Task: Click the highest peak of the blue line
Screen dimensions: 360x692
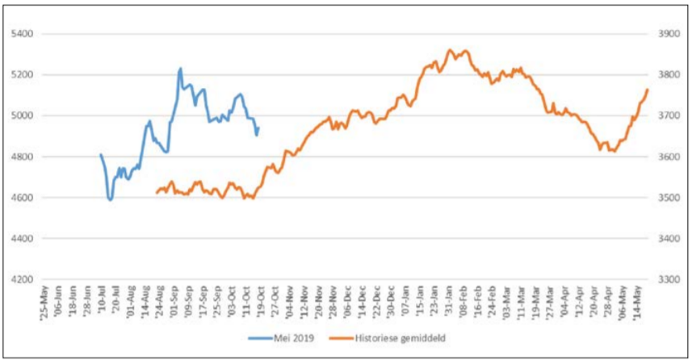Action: click(180, 69)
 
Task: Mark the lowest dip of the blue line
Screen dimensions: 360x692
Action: click(110, 199)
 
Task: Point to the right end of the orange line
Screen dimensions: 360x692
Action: click(648, 89)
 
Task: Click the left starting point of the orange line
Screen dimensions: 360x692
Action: click(156, 194)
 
